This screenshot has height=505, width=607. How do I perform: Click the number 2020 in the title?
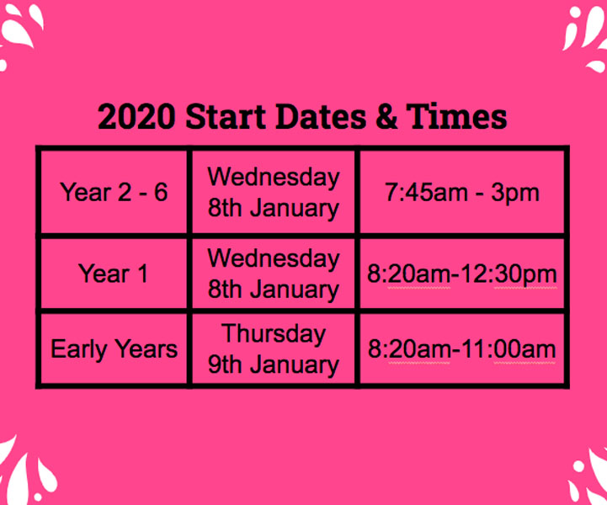[136, 116]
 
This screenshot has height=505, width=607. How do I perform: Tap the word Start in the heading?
[226, 116]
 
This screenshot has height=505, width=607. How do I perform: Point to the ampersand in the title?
[386, 116]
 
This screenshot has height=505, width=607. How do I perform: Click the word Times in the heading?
[456, 116]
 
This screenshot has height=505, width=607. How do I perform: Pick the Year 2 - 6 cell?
[114, 193]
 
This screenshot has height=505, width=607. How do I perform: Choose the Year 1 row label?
[113, 274]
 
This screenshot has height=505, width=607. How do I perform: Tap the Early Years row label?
[114, 349]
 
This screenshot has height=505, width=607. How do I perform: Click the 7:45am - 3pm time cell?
[462, 193]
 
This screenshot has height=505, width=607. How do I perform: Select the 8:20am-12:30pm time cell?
[462, 274]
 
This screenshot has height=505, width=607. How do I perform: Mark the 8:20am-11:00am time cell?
[462, 349]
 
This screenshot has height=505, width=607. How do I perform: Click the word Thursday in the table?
[274, 334]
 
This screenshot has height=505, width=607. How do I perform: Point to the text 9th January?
[274, 365]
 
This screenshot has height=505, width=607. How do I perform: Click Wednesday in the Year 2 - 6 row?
[274, 178]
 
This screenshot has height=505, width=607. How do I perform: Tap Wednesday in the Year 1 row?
[274, 258]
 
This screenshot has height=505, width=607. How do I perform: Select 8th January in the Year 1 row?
[274, 290]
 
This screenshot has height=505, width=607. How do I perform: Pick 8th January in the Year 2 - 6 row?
[274, 208]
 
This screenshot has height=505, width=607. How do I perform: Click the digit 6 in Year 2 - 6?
[161, 192]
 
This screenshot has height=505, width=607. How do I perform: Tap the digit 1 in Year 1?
[142, 274]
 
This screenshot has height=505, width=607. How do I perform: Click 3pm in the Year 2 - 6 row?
[515, 194]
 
